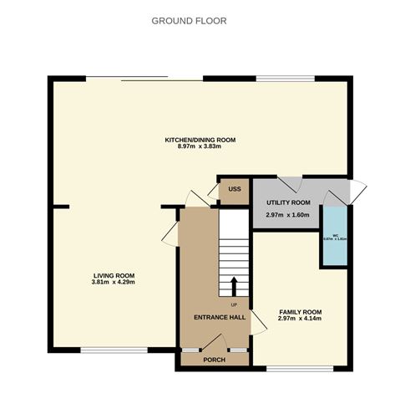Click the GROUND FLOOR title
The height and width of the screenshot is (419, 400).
coord(189,20)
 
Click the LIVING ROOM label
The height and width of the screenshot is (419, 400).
coord(114,275)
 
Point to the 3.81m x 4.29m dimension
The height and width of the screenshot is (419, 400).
coord(114,282)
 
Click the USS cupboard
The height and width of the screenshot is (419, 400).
coord(235,190)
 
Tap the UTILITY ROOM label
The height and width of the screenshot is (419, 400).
coord(288,203)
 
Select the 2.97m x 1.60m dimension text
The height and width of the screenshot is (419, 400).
coord(288,215)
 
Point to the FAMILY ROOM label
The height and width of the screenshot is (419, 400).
coord(300,312)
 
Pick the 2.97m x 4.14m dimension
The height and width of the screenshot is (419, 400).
coord(300,319)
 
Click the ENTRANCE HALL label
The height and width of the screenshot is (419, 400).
coord(220,318)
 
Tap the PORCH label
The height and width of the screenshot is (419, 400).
coord(215,360)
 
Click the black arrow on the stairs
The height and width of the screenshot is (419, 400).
coord(234,284)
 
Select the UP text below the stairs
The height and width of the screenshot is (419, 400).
coord(234,304)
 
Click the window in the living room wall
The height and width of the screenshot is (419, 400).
coord(109,349)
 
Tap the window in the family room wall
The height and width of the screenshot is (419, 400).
coord(300,368)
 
